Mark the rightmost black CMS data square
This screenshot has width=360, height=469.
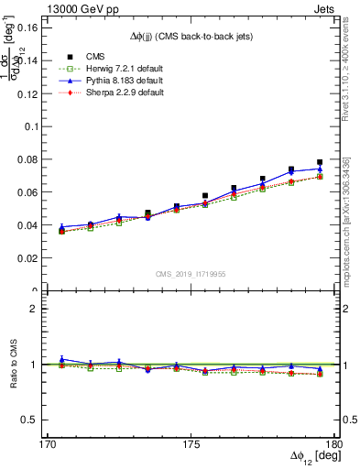pos(320,162)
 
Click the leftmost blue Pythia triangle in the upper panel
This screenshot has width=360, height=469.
pos(61,227)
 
